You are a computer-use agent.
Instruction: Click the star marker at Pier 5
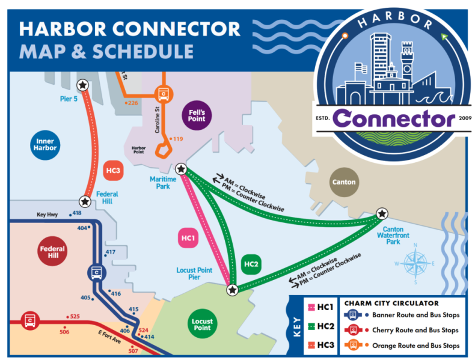[x=84, y=85]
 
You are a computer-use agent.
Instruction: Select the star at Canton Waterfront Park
[x=381, y=214]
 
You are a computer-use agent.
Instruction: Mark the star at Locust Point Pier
[x=232, y=290]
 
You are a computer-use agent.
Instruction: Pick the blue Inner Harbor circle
[x=45, y=144]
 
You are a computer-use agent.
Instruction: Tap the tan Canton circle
[x=344, y=182]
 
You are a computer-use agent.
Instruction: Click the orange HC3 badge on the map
[x=114, y=171]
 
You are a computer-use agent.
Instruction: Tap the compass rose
[x=415, y=263]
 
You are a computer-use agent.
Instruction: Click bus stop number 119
[x=178, y=139]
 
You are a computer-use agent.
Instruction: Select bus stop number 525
[x=75, y=316]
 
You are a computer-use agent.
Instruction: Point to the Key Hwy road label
[x=47, y=214]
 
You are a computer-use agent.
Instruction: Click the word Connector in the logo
[x=394, y=117]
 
